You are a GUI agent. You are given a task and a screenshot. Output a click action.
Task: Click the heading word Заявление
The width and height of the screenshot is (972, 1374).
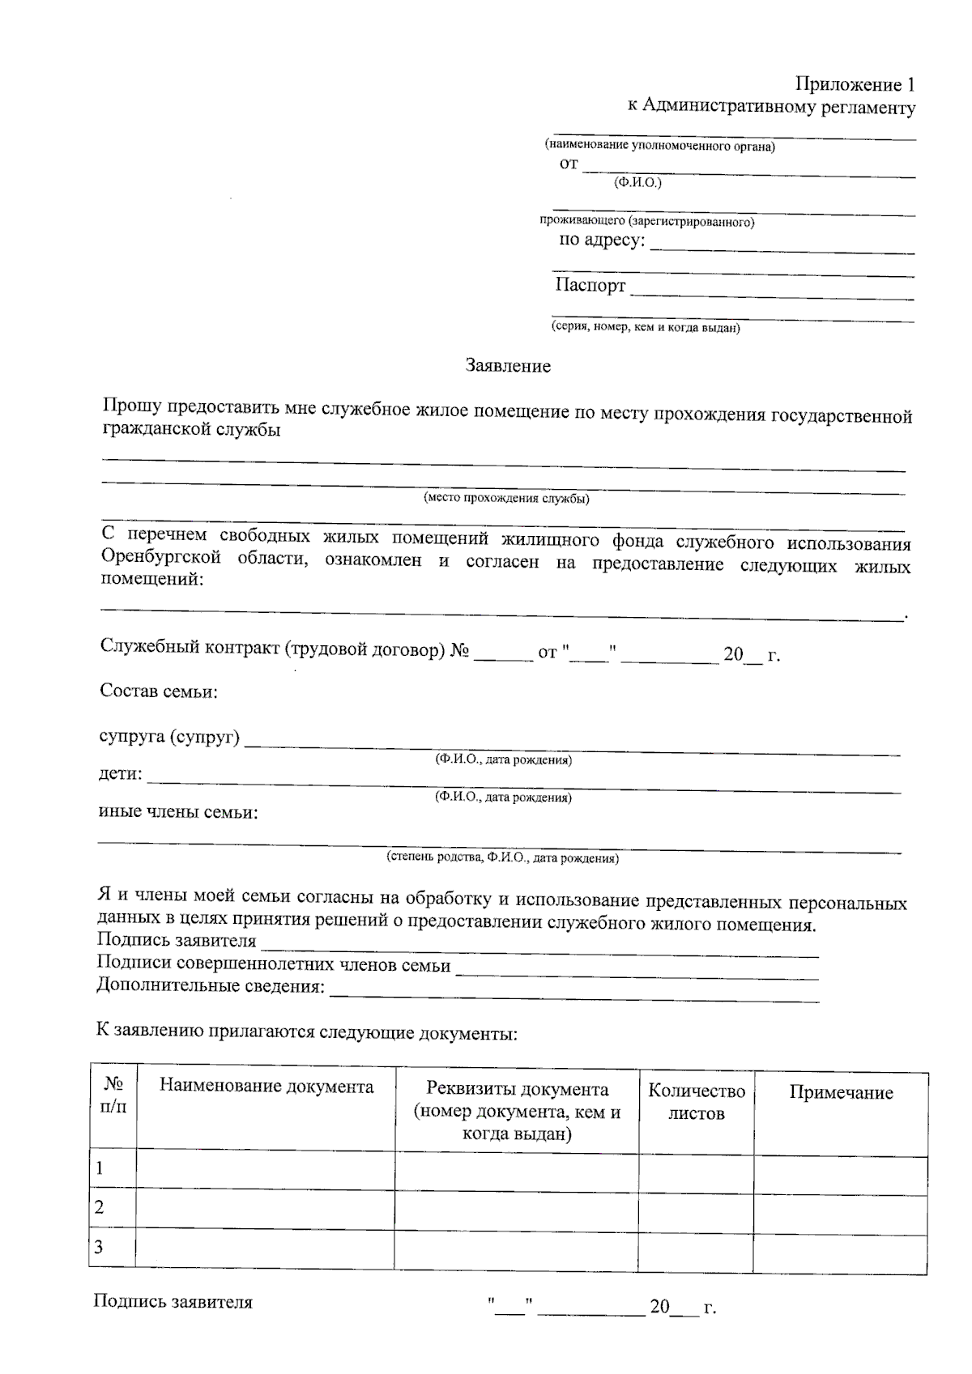point(508,366)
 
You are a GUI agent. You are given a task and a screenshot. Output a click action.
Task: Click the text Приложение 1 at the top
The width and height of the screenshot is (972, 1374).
point(855,84)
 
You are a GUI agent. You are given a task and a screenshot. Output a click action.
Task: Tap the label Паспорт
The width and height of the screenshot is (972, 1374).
point(590,285)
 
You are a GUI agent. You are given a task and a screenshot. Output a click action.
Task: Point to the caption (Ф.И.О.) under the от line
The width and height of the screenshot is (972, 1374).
point(637,183)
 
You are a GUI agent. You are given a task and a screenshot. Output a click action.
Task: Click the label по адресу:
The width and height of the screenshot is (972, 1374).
point(603,240)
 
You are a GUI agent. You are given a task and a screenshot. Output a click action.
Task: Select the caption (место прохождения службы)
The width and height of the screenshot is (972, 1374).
point(506,498)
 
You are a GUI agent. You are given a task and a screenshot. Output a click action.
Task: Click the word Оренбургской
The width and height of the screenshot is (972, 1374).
point(161,558)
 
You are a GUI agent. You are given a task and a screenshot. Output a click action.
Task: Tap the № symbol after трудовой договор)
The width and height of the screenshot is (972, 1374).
point(459,650)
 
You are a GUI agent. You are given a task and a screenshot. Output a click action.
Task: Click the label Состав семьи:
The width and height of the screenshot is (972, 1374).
point(159,691)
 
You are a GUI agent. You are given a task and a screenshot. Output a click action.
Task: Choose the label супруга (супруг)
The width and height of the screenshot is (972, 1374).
point(169,737)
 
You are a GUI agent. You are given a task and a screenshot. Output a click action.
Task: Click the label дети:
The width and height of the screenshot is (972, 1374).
point(120,774)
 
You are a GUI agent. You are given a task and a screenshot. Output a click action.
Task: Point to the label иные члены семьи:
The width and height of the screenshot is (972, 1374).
point(177,812)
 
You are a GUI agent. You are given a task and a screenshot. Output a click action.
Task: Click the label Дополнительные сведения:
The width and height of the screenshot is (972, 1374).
point(211,986)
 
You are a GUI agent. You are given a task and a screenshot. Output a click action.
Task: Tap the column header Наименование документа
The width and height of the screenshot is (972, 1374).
point(266,1087)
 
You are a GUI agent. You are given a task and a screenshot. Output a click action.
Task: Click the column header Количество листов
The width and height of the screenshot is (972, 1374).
point(696,1102)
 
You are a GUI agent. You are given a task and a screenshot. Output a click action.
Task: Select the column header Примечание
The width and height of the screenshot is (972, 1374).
point(841,1093)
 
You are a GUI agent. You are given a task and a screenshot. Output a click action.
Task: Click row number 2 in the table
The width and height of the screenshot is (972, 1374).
point(100,1207)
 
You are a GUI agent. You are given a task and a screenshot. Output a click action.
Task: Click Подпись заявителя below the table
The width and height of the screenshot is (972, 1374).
point(173,1303)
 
